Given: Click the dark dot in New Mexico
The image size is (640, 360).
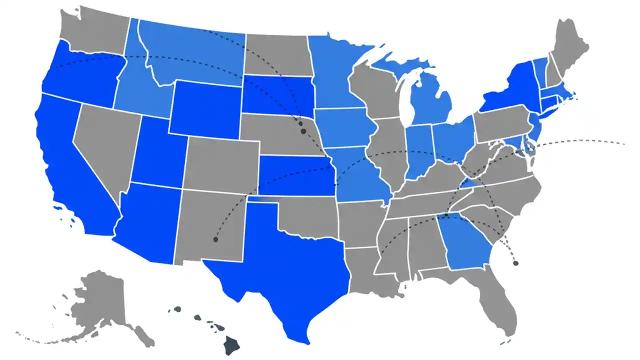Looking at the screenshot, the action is point(215,239).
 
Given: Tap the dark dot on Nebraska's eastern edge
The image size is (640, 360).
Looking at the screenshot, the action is point(303,131).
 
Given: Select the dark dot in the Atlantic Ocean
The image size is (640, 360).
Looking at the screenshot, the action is point(515,262).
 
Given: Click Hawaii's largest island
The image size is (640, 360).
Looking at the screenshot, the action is point(231,344).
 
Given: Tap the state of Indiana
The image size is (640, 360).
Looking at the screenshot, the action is point(417,150).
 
